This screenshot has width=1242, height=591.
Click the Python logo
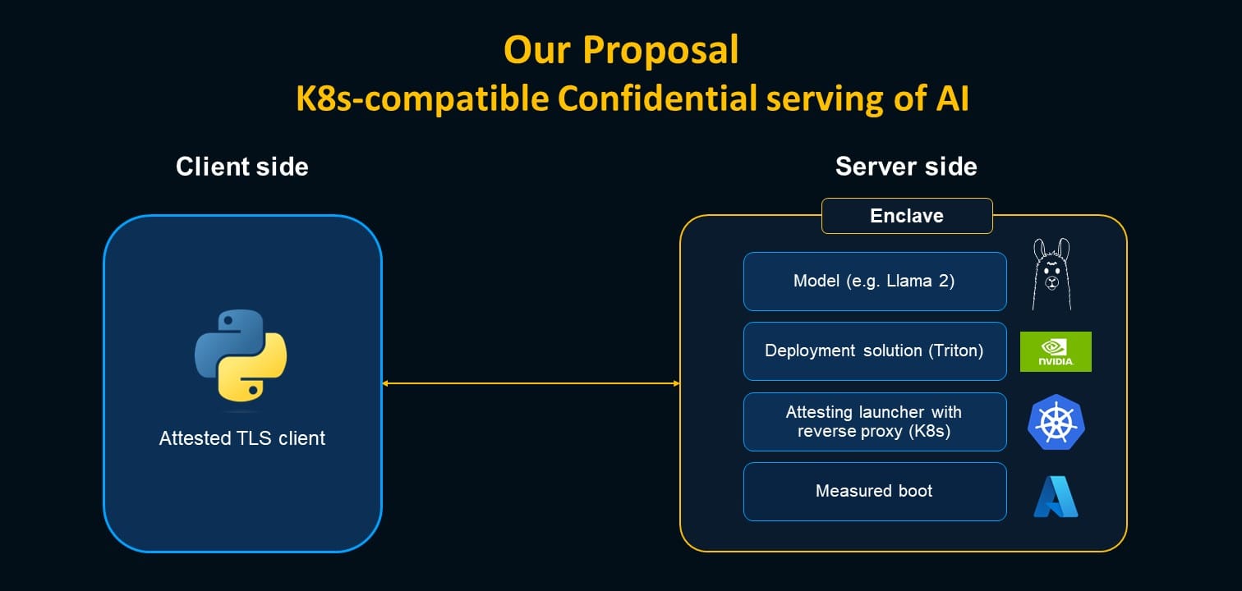tap(241, 355)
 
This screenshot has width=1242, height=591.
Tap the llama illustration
tap(1052, 274)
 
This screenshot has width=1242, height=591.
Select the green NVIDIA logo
tap(1056, 351)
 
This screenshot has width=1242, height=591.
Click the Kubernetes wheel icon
tap(1056, 421)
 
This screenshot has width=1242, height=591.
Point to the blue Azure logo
tap(1056, 497)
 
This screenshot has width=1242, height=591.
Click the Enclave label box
tap(907, 216)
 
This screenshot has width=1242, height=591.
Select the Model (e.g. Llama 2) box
tap(874, 282)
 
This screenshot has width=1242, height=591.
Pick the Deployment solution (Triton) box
tap(874, 351)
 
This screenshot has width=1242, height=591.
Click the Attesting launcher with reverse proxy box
tap(874, 422)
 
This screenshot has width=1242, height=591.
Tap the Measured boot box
tap(874, 492)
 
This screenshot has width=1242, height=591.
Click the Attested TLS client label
tap(242, 438)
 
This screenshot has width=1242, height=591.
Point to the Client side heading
tap(242, 167)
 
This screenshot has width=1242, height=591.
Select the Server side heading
tap(906, 167)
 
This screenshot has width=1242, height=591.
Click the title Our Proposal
tap(621, 50)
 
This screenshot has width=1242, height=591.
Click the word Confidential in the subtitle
tap(657, 99)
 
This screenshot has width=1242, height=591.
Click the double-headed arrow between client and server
tap(531, 383)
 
